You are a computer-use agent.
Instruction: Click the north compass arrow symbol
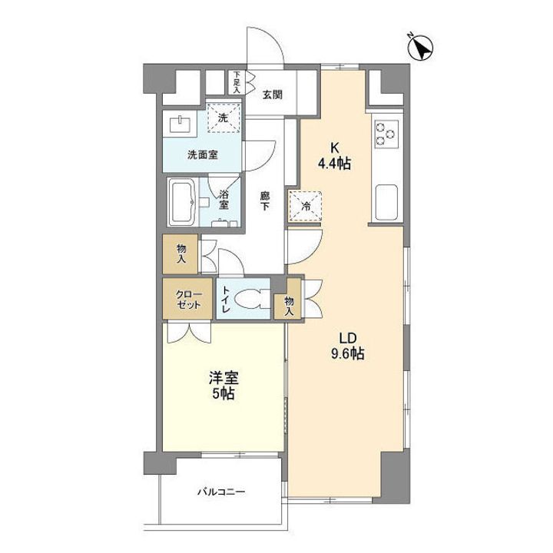point(420,48)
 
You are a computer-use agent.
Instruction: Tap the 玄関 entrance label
point(272,95)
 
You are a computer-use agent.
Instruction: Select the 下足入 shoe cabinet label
point(237,82)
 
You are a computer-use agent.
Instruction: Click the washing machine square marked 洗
point(224,118)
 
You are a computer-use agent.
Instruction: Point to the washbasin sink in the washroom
point(180,124)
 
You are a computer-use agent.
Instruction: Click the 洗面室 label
point(202,155)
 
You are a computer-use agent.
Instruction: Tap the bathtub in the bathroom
point(182,201)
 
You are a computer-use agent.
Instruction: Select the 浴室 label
point(224,199)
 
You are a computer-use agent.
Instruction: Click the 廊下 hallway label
point(264,200)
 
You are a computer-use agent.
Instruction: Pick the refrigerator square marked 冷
point(306,207)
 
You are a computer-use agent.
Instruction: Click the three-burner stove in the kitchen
point(386,134)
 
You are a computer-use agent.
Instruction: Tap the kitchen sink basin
point(386,202)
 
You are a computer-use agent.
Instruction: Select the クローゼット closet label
point(189,300)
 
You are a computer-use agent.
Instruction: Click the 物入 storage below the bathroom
point(181,253)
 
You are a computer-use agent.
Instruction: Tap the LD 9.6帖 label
point(347,346)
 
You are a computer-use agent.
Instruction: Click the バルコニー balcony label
point(220,492)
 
